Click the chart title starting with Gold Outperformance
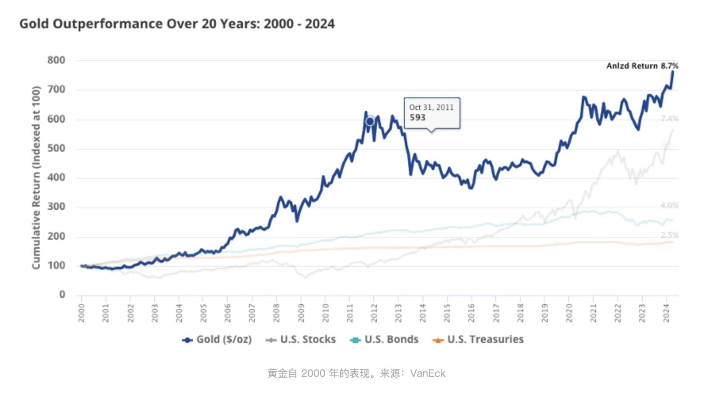click(177, 24)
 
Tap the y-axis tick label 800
click(56, 60)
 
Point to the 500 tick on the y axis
click(56, 148)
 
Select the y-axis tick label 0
click(62, 294)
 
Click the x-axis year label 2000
click(81, 313)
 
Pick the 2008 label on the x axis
click(276, 313)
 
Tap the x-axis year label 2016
click(471, 313)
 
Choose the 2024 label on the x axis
click(666, 313)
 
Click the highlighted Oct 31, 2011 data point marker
click(370, 122)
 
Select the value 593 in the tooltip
click(417, 118)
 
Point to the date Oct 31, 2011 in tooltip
click(431, 108)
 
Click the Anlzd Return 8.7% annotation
click(642, 66)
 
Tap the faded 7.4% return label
click(669, 119)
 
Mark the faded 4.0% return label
click(669, 205)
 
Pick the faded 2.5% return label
click(669, 235)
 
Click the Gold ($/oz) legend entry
click(217, 340)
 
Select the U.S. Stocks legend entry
click(301, 340)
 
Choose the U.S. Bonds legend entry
click(384, 340)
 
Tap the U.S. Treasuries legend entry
click(478, 340)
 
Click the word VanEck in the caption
click(428, 373)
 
